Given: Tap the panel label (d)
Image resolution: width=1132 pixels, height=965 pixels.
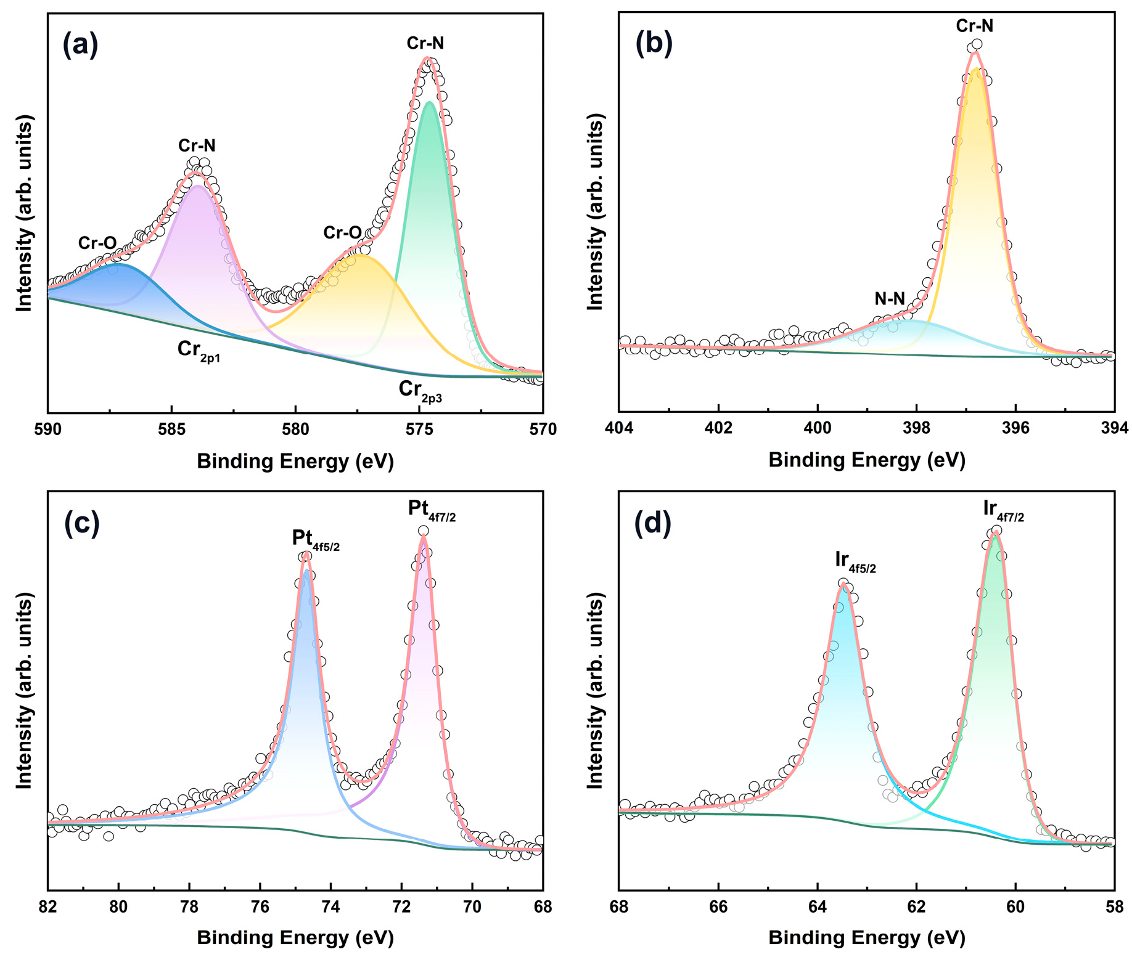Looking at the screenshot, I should point(653,523).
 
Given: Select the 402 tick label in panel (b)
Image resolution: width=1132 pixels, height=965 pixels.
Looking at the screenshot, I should point(718,430).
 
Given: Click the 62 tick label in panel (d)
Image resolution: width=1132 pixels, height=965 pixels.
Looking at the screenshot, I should point(916,907).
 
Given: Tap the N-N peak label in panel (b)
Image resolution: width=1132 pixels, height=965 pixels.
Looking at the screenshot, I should point(890,299).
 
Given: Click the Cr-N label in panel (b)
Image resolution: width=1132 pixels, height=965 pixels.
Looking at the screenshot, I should point(975,26).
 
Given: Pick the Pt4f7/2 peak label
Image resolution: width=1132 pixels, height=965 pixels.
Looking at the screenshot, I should point(432,510).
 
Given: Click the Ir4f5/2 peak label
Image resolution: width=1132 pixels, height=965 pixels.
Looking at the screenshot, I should point(855,561).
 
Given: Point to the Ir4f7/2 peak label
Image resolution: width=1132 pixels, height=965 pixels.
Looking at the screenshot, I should point(1003,511).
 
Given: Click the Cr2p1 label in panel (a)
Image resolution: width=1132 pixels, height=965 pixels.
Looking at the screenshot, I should point(199,351).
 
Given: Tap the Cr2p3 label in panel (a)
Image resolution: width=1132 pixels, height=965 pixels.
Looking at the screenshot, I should point(420,391).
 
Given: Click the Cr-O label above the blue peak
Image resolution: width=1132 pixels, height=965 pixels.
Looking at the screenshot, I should point(97,243).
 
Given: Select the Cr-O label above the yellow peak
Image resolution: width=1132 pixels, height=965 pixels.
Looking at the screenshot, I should point(342,233).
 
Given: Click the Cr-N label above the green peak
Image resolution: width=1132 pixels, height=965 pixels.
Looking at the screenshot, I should point(425,43).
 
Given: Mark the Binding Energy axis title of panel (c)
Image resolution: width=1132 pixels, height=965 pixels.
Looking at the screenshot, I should point(295,938).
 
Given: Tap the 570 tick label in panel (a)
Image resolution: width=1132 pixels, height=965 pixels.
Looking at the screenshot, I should point(543,430).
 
